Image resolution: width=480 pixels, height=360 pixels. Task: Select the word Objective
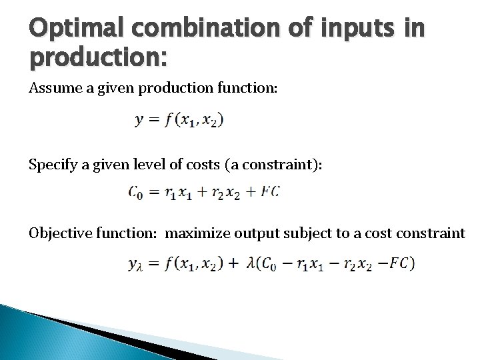(x=60, y=233)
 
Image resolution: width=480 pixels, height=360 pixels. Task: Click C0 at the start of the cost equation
(x=135, y=193)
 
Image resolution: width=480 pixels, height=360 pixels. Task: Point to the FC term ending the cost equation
(x=271, y=193)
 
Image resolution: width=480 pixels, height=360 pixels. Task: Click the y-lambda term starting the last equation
(x=135, y=264)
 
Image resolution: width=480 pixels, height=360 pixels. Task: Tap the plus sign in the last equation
(x=233, y=263)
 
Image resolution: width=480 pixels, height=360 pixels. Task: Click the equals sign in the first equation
(x=153, y=121)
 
